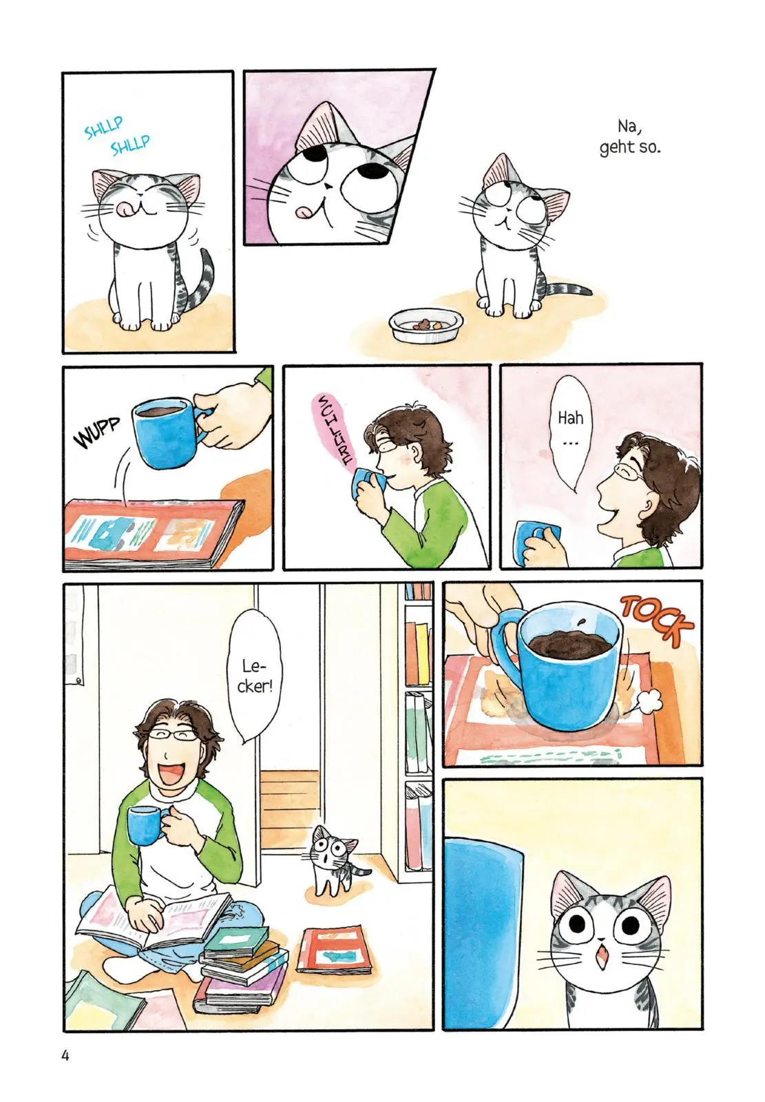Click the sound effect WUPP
96,433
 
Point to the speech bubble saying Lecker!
255,676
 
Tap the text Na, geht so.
629,137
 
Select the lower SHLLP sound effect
130,145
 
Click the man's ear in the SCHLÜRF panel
418,452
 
